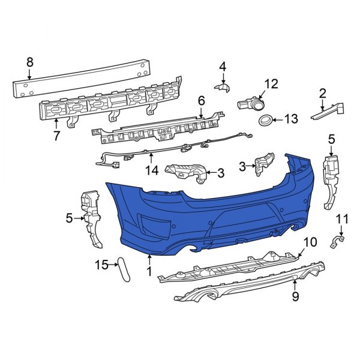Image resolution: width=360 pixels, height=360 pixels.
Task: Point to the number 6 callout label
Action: [201, 101]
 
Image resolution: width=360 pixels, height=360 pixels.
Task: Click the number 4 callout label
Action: [222, 66]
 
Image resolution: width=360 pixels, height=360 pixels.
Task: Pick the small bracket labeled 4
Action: [223, 89]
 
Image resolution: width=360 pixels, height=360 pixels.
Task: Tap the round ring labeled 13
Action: [263, 121]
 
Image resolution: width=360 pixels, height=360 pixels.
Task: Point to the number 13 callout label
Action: [290, 119]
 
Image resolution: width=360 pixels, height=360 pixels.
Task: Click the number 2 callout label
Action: [322, 93]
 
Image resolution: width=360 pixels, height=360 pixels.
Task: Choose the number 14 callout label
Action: [151, 171]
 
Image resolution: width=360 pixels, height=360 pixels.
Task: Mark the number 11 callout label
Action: [341, 218]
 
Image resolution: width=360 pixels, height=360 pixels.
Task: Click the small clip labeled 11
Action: [337, 242]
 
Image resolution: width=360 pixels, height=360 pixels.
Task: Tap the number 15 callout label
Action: [103, 264]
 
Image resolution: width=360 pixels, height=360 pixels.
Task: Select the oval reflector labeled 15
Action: [124, 269]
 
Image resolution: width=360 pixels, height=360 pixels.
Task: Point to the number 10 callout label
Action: [310, 242]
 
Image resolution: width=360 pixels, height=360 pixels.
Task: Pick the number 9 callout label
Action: [295, 296]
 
